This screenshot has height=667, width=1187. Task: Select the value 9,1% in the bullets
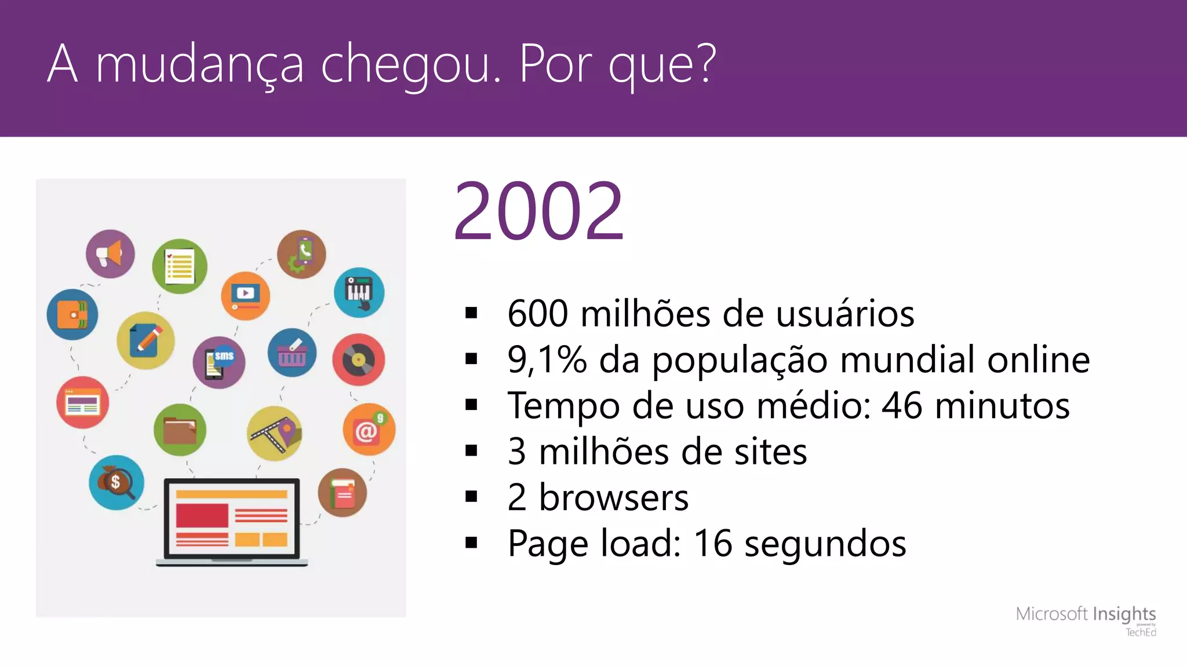tap(547, 360)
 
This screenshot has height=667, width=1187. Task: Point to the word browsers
tap(614, 497)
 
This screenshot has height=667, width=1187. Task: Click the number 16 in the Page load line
tap(713, 543)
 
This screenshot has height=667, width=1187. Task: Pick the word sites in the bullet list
tap(770, 452)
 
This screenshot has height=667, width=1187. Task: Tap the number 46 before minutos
tap(901, 405)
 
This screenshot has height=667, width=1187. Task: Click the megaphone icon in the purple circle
tap(110, 254)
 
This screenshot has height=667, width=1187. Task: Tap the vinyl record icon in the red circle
tap(358, 360)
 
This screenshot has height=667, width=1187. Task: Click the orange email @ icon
tap(369, 429)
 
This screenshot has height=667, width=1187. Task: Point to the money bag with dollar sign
tap(116, 482)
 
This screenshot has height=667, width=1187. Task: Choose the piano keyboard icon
tap(359, 292)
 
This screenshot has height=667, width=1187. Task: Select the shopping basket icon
tap(292, 353)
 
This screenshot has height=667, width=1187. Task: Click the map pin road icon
tap(275, 433)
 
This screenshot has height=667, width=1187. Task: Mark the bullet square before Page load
tap(471, 543)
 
